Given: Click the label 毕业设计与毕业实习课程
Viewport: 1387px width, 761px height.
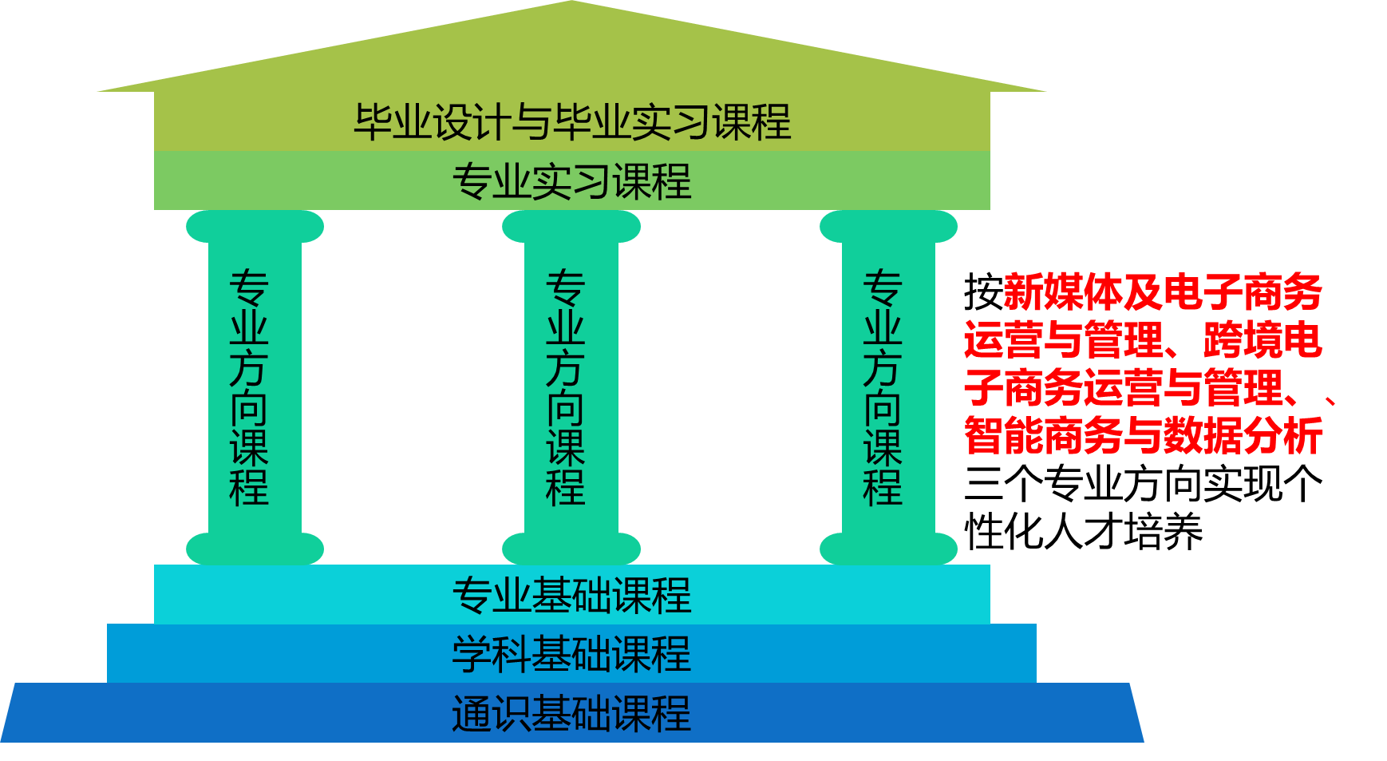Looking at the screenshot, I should point(572,122).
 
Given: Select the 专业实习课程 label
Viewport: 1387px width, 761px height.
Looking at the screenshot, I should point(572,181).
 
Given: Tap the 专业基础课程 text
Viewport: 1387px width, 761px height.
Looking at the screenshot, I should point(572,595).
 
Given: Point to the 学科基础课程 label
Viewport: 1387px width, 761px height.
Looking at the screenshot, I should point(572,654).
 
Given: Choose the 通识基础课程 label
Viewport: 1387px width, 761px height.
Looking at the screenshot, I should point(572,713).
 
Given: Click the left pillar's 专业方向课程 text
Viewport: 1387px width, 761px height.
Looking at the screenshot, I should point(249,388).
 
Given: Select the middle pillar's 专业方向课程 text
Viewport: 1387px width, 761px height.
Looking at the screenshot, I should point(566,388).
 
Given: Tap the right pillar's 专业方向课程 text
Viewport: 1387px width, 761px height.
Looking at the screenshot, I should point(883,388).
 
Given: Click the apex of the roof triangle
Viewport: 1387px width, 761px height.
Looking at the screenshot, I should point(571,5).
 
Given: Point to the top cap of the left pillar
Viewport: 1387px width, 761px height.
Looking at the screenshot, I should point(255,227).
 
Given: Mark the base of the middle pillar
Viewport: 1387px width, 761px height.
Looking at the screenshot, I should point(571,549).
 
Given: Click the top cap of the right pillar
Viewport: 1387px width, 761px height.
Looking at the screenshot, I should point(888,227).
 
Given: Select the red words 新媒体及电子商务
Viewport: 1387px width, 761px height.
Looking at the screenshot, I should point(1162,292).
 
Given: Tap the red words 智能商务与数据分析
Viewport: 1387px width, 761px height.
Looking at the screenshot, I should point(1143,436).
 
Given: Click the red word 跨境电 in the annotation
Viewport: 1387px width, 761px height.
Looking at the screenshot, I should point(1263,341).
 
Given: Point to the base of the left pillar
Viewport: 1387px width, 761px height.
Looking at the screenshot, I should point(255,549).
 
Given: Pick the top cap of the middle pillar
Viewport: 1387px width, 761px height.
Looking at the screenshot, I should point(571,227).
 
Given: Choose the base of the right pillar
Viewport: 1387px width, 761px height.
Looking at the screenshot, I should point(888,549).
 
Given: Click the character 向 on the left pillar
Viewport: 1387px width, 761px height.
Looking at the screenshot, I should point(249,409).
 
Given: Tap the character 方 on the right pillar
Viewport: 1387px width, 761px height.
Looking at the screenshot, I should point(883,368).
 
